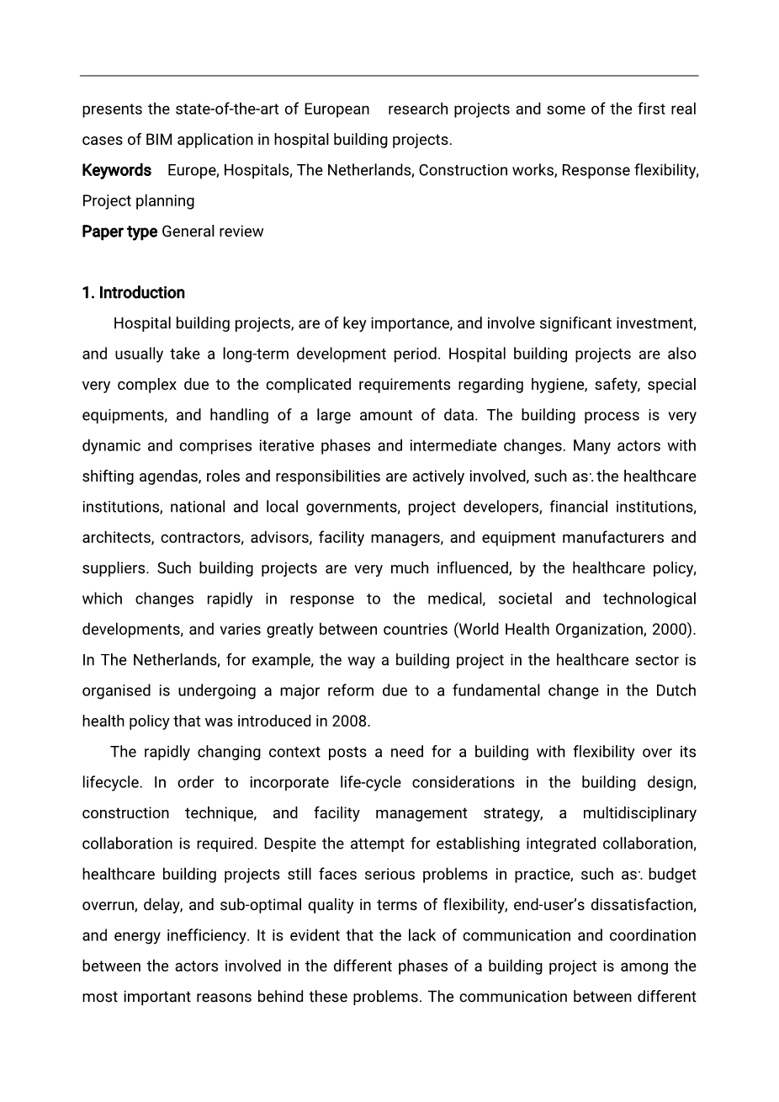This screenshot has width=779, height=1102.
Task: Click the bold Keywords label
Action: (x=116, y=170)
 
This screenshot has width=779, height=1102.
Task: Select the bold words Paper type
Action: (x=119, y=232)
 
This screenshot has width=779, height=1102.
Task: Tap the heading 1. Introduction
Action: (x=133, y=293)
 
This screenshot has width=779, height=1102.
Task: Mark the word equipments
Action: (x=123, y=416)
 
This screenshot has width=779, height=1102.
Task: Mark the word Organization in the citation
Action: (x=604, y=630)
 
